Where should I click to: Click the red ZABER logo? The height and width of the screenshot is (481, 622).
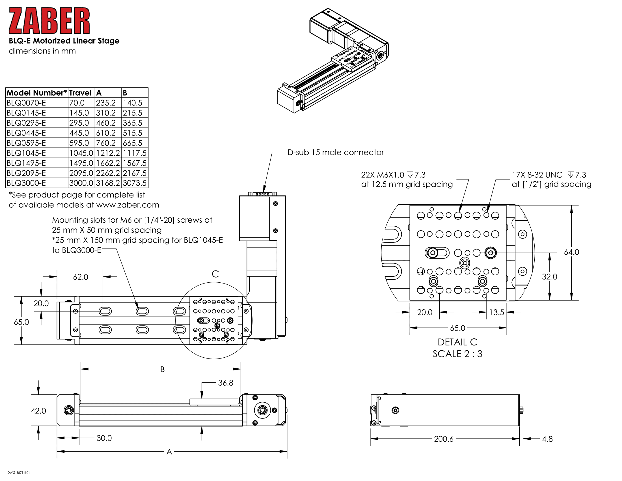pyautogui.click(x=49, y=21)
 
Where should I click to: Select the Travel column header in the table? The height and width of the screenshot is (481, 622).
pyautogui.click(x=80, y=93)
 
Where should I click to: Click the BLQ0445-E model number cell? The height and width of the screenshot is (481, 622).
pyautogui.click(x=26, y=133)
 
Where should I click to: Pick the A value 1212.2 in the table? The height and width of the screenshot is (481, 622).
pyautogui.click(x=108, y=153)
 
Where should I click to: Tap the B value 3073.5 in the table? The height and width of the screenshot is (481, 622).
pyautogui.click(x=134, y=183)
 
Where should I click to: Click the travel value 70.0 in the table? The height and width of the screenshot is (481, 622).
pyautogui.click(x=77, y=103)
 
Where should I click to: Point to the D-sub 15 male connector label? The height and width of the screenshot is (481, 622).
pyautogui.click(x=336, y=153)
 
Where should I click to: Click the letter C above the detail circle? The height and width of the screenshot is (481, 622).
pyautogui.click(x=215, y=274)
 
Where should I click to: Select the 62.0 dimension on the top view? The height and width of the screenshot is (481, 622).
pyautogui.click(x=81, y=277)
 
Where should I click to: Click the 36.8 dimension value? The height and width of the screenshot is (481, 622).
pyautogui.click(x=226, y=383)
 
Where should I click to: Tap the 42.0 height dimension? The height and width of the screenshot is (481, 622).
pyautogui.click(x=38, y=411)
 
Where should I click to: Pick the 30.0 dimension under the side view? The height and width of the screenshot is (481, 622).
pyautogui.click(x=104, y=438)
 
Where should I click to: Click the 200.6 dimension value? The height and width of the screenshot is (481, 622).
pyautogui.click(x=444, y=439)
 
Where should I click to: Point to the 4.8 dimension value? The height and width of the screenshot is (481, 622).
pyautogui.click(x=547, y=439)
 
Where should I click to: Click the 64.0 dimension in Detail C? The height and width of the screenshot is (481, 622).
pyautogui.click(x=571, y=252)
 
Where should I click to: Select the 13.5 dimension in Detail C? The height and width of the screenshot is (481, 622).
pyautogui.click(x=497, y=313)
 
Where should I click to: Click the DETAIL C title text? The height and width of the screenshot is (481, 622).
pyautogui.click(x=457, y=342)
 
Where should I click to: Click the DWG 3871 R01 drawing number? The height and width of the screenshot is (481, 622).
pyautogui.click(x=18, y=473)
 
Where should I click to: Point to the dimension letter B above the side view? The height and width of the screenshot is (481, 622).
pyautogui.click(x=162, y=370)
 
